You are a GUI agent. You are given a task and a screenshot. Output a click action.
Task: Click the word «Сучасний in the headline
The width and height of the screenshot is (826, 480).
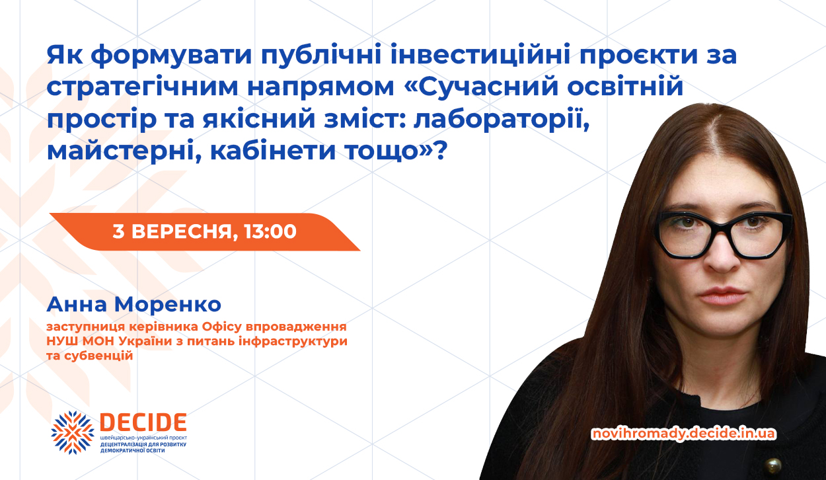click(x=480, y=87)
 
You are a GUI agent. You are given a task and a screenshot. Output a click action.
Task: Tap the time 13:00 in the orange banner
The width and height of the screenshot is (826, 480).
click(x=270, y=231)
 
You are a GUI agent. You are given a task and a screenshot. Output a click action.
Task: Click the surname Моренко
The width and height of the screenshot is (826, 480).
click(x=168, y=305)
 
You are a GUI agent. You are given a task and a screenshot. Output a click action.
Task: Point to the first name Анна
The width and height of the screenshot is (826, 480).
click(x=77, y=305)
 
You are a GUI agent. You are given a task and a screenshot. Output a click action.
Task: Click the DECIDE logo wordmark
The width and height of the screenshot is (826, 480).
click(x=143, y=422)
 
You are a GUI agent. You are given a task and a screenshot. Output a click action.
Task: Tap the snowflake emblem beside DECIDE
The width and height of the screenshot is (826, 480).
click(x=72, y=432)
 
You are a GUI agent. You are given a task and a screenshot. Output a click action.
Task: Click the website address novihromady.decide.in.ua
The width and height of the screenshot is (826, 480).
click(x=684, y=434)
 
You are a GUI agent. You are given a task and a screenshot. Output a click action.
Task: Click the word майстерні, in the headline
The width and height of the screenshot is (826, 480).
click(x=124, y=151)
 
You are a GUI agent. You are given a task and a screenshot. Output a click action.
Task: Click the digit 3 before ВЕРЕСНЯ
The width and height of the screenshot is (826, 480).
click(x=118, y=231)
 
